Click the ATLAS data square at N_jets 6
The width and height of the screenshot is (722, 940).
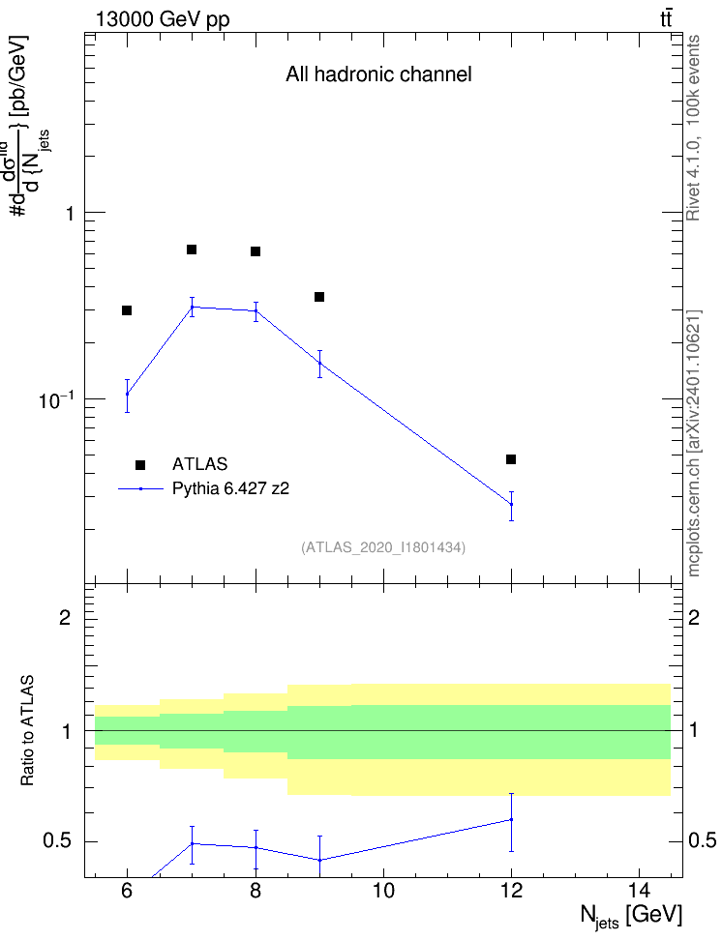[x=127, y=310]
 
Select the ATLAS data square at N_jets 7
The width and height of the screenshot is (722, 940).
[x=192, y=250]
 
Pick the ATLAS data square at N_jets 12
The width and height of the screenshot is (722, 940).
[x=511, y=459]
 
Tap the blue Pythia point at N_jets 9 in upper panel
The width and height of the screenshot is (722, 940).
[x=320, y=364]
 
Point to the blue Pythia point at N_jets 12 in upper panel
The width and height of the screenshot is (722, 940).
[x=511, y=504]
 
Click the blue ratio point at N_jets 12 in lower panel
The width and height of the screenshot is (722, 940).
[x=511, y=819]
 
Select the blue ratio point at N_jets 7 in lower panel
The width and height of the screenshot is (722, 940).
[x=192, y=843]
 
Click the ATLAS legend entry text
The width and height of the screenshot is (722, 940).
[x=199, y=464]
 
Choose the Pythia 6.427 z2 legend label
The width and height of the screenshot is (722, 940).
[x=230, y=489]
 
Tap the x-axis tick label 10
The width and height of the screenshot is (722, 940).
[x=383, y=892]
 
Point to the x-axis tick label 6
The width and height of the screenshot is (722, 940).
[x=127, y=892]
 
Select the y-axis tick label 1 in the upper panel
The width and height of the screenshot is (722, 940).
[x=70, y=213]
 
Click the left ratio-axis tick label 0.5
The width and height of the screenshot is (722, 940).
[x=57, y=841]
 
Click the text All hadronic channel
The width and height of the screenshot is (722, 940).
[x=378, y=74]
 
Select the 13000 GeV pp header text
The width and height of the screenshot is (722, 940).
[x=163, y=19]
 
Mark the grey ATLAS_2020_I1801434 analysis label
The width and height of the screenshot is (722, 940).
[x=383, y=547]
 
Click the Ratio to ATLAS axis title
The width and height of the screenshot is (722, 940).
[x=27, y=731]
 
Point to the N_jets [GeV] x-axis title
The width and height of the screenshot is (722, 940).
[x=631, y=917]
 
